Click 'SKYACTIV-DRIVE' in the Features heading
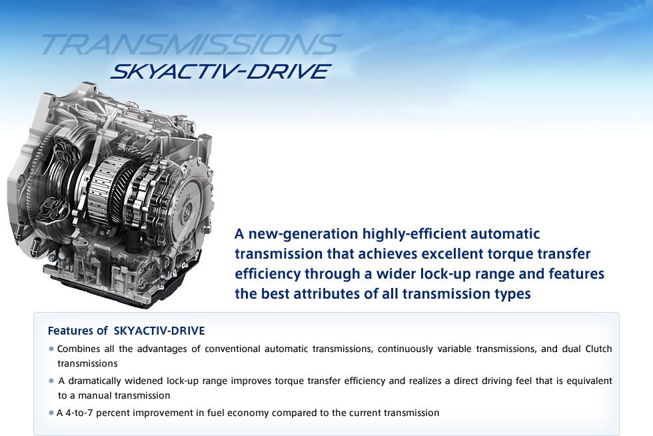pyautogui.click(x=159, y=331)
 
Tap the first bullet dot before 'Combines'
pyautogui.click(x=52, y=349)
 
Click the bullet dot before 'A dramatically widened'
pyautogui.click(x=52, y=381)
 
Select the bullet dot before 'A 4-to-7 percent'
pyautogui.click(x=52, y=413)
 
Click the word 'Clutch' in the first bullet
pyautogui.click(x=598, y=349)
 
